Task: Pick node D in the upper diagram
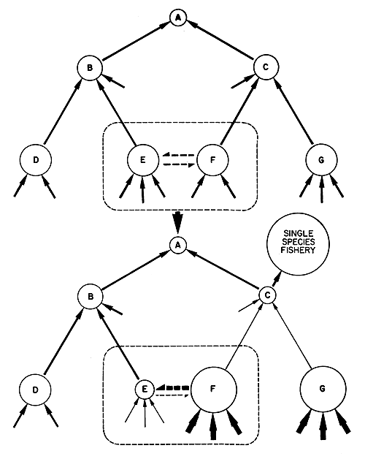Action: click(34, 159)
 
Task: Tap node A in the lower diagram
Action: click(176, 246)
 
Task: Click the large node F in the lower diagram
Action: click(213, 388)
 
